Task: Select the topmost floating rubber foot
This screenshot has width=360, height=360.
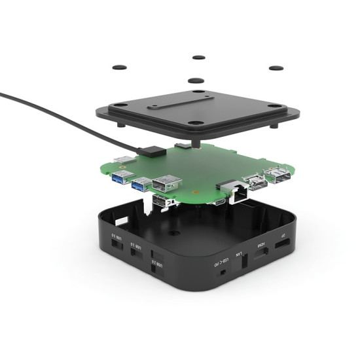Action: [197, 56]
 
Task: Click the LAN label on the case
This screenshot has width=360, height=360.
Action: [240, 257]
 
